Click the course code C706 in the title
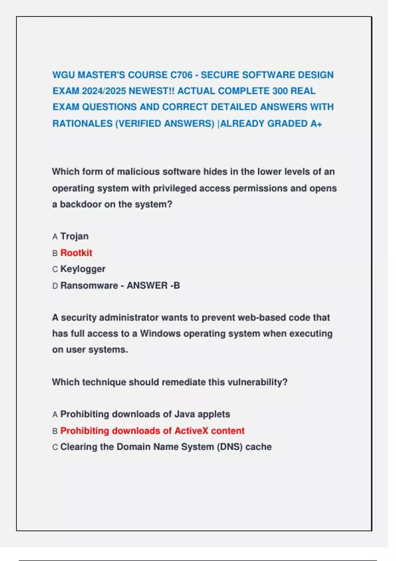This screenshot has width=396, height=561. (181, 75)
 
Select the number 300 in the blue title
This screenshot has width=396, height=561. (280, 91)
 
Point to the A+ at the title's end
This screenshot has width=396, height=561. (316, 124)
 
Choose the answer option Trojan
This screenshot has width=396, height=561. (74, 236)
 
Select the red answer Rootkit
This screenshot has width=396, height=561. (76, 253)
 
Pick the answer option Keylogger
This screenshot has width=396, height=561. (83, 269)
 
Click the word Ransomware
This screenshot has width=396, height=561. (89, 285)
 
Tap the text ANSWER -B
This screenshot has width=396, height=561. (153, 285)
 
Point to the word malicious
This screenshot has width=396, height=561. (138, 172)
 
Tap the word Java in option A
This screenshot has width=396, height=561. (185, 414)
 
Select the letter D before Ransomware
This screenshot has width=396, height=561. (55, 286)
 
